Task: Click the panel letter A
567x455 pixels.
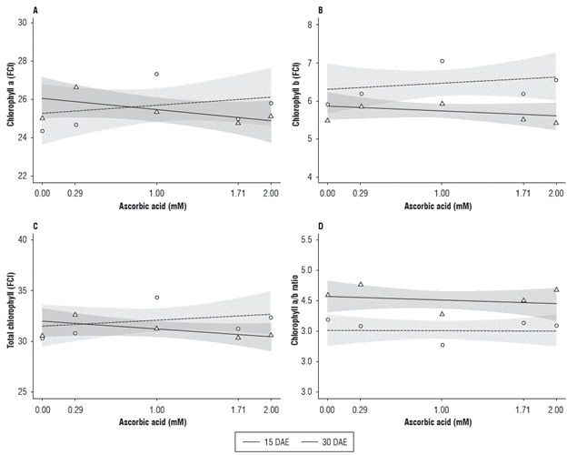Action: (x=35, y=10)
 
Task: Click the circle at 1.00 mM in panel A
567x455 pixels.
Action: (x=156, y=74)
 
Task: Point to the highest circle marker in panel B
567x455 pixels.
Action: (x=442, y=61)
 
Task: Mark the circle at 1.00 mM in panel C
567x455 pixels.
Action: (x=156, y=298)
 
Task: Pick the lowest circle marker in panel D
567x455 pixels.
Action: (x=442, y=345)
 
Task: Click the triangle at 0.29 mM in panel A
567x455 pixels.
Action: (x=75, y=87)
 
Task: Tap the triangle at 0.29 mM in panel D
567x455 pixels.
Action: (x=361, y=284)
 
